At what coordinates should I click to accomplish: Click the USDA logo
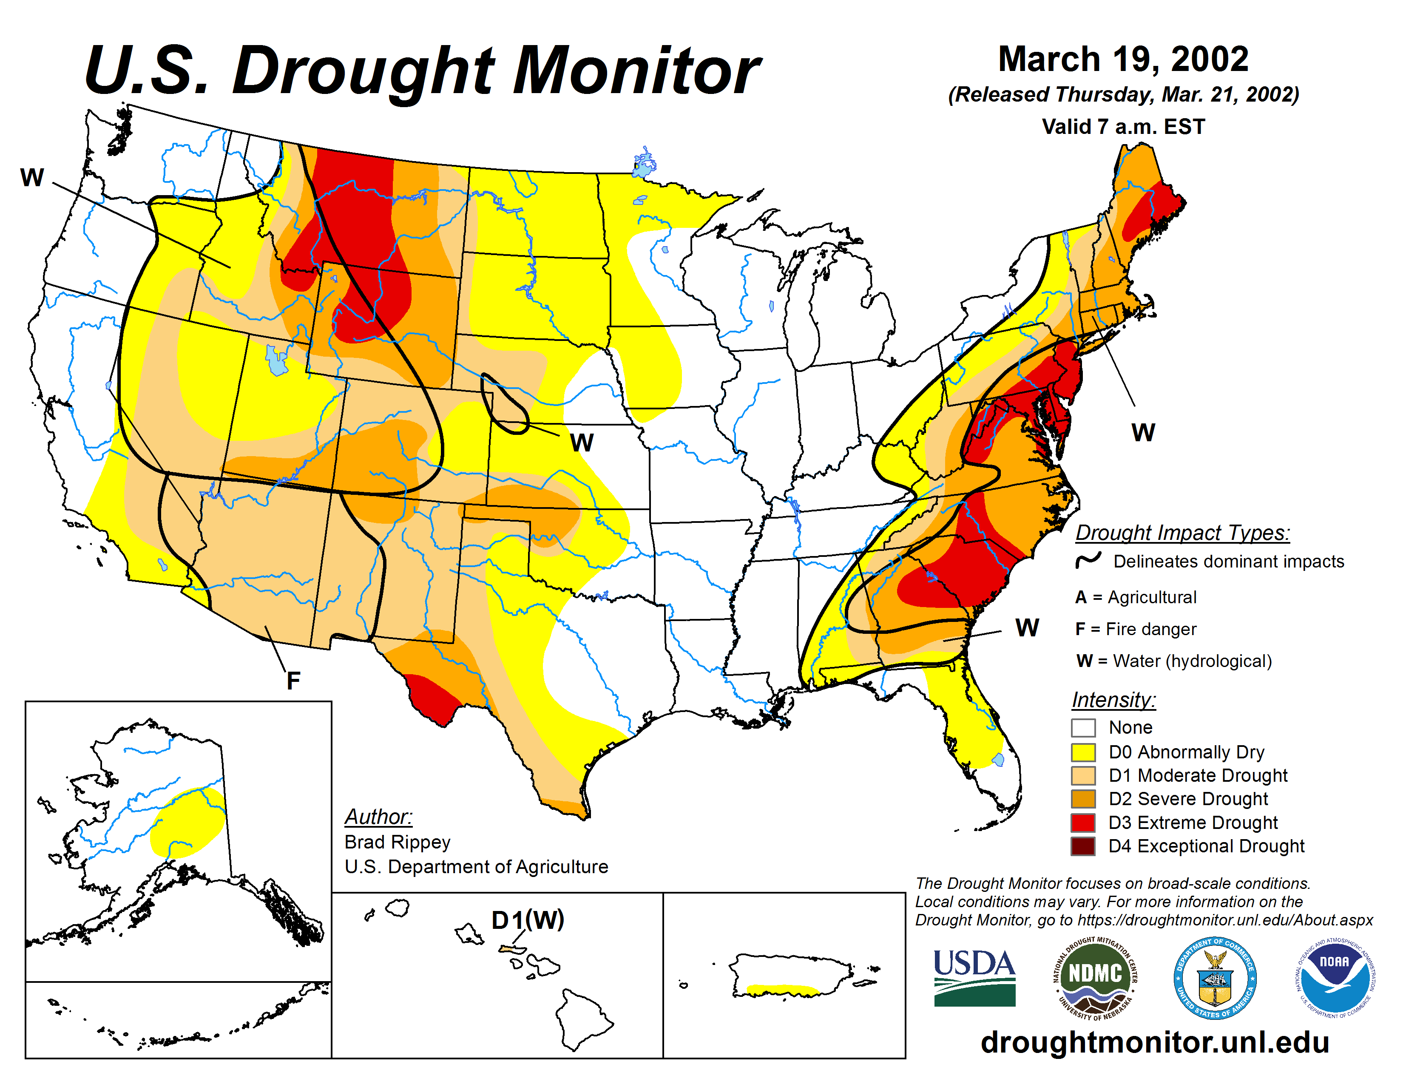[x=974, y=977]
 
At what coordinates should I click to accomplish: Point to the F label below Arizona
[x=293, y=681]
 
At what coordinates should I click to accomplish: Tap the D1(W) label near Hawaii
[x=528, y=919]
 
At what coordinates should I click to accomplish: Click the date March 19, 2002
[x=1123, y=59]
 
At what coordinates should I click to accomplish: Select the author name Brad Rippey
[x=397, y=842]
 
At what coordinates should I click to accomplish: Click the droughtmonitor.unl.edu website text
[x=1154, y=1041]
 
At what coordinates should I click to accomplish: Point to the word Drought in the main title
[x=364, y=71]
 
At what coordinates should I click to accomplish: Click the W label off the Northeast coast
[x=1143, y=432]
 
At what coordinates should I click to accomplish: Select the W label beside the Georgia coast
[x=1027, y=627]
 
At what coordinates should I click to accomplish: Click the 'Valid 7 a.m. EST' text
[x=1123, y=127]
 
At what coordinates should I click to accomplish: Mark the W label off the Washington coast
[x=32, y=177]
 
